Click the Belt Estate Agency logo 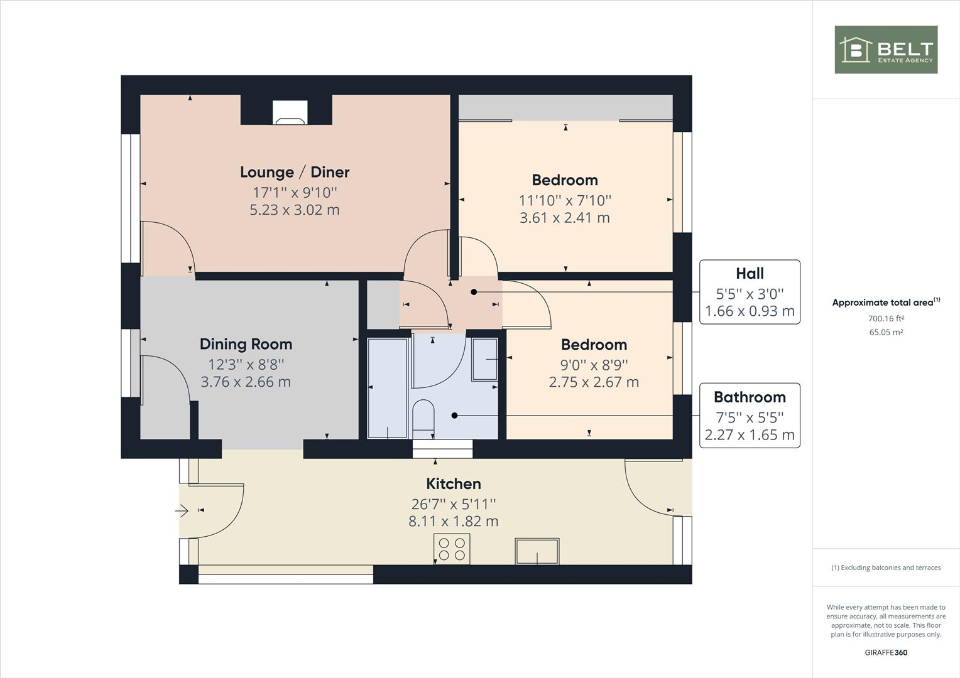coord(885,50)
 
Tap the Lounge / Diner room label coord(295,172)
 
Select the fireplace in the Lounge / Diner coord(290,114)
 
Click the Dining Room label coord(246,344)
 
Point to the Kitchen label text coord(454,483)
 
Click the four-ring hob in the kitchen coord(452,549)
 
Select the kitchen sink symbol coord(537,551)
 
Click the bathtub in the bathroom coord(387,388)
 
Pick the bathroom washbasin coord(484,359)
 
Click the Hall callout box coord(750,292)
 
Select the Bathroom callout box coord(750,416)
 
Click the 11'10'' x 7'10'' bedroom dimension coord(565,200)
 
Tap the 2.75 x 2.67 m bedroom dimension coord(594,382)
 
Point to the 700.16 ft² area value coord(886,319)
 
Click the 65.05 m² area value coord(886,333)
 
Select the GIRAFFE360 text coord(886,652)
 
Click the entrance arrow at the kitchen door coord(182,511)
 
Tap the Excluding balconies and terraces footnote coord(886,568)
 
